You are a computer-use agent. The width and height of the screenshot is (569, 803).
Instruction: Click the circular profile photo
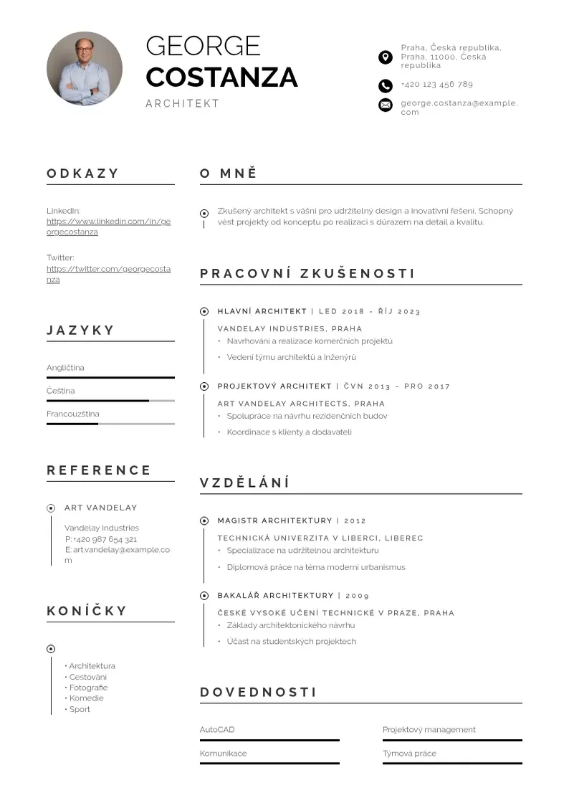click(x=85, y=69)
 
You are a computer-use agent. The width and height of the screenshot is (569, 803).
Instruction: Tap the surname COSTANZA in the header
click(x=221, y=77)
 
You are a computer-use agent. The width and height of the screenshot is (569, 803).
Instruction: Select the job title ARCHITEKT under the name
click(x=182, y=103)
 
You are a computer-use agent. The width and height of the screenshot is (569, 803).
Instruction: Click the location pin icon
click(x=386, y=57)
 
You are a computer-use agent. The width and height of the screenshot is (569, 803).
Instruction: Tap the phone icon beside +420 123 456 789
click(x=386, y=86)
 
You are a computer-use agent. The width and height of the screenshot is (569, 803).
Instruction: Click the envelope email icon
click(x=386, y=105)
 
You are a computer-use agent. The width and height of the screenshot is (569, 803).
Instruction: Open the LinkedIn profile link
click(x=108, y=227)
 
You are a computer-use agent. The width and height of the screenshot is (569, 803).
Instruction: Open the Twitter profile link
click(x=108, y=274)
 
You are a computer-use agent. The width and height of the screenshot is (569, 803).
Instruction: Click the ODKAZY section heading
click(x=83, y=174)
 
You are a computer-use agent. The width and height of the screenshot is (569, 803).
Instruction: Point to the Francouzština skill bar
click(x=110, y=424)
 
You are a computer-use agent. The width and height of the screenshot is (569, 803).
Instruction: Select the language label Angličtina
click(x=65, y=368)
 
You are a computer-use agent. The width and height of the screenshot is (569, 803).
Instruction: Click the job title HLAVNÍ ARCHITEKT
click(x=262, y=311)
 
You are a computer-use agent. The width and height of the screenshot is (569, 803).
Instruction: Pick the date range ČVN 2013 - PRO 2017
click(x=397, y=386)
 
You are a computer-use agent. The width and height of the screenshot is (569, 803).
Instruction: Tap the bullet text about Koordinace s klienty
click(x=289, y=432)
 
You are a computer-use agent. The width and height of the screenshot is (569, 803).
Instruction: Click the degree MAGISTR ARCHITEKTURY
click(x=274, y=521)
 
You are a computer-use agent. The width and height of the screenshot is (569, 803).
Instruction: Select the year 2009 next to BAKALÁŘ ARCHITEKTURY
click(x=358, y=596)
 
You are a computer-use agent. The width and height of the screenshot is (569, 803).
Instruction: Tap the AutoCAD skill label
click(x=217, y=730)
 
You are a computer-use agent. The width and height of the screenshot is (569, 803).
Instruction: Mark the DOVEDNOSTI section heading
click(x=258, y=693)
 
